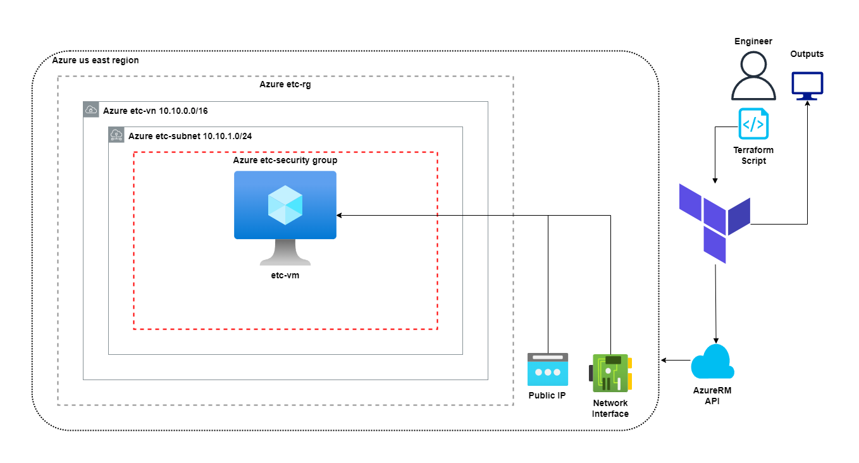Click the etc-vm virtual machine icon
pos(285,218)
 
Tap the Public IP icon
pos(548,369)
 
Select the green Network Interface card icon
pos(610,373)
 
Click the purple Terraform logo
pos(714,223)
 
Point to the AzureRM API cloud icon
pos(712,362)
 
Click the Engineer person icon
pos(753,75)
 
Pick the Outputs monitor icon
pos(807,86)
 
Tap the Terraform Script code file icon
pos(753,123)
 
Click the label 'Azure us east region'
pos(96,60)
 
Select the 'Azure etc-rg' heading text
pos(285,84)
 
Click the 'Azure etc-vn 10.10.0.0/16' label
pos(156,111)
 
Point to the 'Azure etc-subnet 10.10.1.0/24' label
pos(190,136)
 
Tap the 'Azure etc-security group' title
pos(285,161)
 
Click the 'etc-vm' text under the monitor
pos(285,275)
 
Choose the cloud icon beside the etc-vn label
pos(91,109)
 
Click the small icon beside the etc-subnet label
pos(116,135)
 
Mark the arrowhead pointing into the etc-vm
pos(339,216)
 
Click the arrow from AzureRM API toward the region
pos(676,360)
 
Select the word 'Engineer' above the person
pos(753,41)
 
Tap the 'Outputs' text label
pos(807,54)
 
